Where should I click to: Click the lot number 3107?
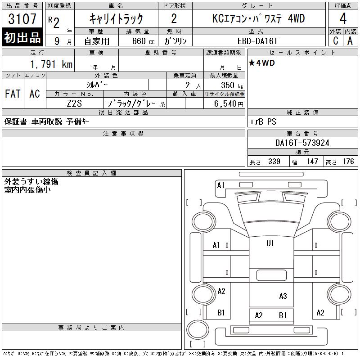tap(22, 18)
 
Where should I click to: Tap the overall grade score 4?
tap(343, 18)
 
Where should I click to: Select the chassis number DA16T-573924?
tap(302, 143)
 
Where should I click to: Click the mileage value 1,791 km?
tap(51, 64)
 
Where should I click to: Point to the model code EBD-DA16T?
tap(257, 41)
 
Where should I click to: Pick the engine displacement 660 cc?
tap(143, 41)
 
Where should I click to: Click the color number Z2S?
tap(74, 103)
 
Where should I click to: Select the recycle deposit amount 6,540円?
tap(229, 104)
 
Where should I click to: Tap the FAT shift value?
tap(13, 94)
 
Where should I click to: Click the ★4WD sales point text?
tap(262, 63)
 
